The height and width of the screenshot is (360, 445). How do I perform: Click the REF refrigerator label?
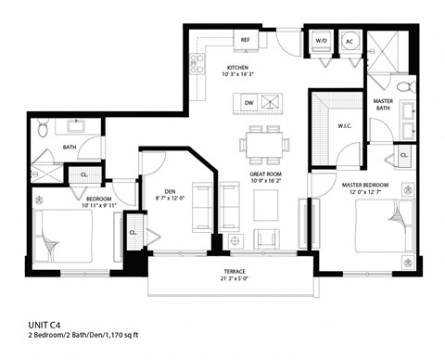coord(246,41)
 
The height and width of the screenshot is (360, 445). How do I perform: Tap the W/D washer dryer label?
coord(321,41)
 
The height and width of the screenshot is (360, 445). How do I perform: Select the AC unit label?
coord(350,41)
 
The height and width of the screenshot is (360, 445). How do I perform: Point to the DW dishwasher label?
coord(248,102)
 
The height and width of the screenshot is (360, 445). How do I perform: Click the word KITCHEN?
coord(239,68)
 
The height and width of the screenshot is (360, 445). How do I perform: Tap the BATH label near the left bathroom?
coord(69,147)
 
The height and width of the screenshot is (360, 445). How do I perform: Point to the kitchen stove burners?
coord(197,63)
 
